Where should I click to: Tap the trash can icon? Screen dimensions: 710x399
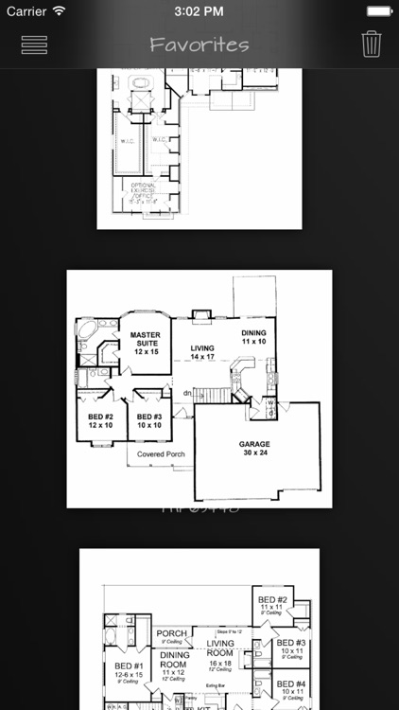(x=372, y=44)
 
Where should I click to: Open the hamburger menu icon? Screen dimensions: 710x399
(x=34, y=44)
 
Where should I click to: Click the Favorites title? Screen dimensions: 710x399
(x=199, y=44)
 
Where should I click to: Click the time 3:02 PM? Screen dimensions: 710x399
(x=199, y=11)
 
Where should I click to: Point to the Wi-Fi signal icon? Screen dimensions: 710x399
(x=59, y=11)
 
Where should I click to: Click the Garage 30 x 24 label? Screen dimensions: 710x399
(x=254, y=448)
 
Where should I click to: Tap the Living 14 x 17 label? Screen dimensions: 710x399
(x=202, y=352)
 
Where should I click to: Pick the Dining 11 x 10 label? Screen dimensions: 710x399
(x=253, y=337)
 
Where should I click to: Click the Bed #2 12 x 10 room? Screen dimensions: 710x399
(x=101, y=420)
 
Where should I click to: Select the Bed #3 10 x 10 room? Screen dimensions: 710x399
(x=150, y=420)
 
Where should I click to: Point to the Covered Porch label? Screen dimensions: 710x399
(x=161, y=454)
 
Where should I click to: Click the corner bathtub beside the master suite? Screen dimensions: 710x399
(x=87, y=330)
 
